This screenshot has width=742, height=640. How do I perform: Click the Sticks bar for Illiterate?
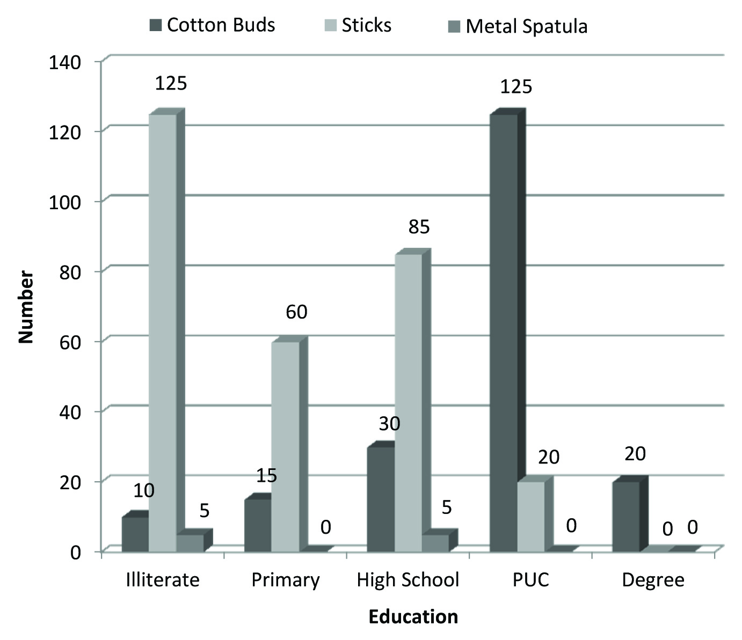[x=162, y=333]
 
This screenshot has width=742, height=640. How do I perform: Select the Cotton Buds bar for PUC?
[x=504, y=333]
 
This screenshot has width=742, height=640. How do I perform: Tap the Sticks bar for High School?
[x=408, y=402]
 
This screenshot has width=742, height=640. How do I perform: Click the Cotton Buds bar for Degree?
[x=626, y=516]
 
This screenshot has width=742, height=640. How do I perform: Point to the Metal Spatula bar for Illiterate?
[x=190, y=542]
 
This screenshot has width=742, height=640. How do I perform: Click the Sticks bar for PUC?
[x=530, y=516]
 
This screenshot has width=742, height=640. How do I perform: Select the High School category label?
[x=408, y=580]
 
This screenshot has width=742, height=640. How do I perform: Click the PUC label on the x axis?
[x=530, y=580]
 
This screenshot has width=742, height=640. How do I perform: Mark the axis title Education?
[x=413, y=616]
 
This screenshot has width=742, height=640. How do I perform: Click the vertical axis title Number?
[x=25, y=307]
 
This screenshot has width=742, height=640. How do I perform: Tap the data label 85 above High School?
[x=419, y=227]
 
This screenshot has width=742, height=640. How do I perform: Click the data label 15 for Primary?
[x=266, y=475]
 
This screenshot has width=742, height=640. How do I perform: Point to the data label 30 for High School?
[x=389, y=424]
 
